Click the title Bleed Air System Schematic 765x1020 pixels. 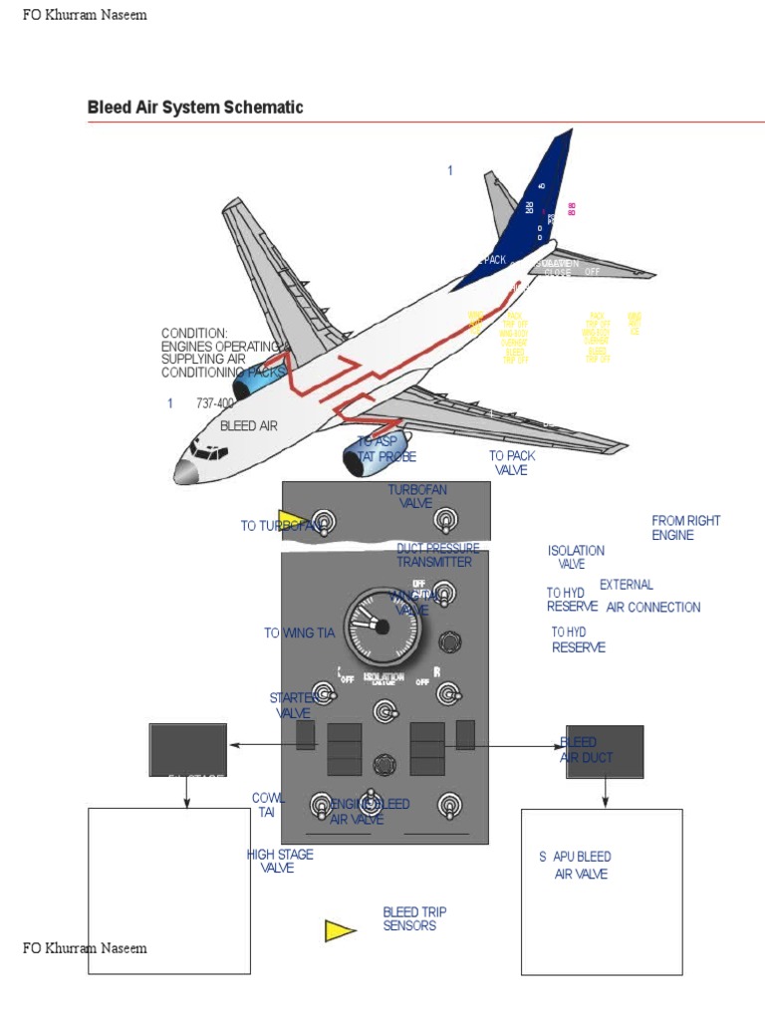[195, 108]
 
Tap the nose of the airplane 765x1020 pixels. [183, 472]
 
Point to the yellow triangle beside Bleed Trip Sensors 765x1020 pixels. [339, 930]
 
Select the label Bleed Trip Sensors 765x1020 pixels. [414, 918]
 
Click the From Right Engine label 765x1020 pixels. [685, 528]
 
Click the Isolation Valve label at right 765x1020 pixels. [576, 557]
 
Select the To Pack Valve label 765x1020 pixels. [512, 462]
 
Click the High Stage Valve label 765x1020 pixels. [280, 861]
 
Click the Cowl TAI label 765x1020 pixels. [268, 805]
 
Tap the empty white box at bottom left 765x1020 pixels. [169, 890]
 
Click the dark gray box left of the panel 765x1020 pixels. [187, 749]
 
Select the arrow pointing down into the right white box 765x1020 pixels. [606, 793]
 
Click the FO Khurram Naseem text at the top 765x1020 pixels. [85, 15]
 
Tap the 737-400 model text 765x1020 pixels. [215, 403]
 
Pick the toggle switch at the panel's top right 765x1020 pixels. [444, 520]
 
